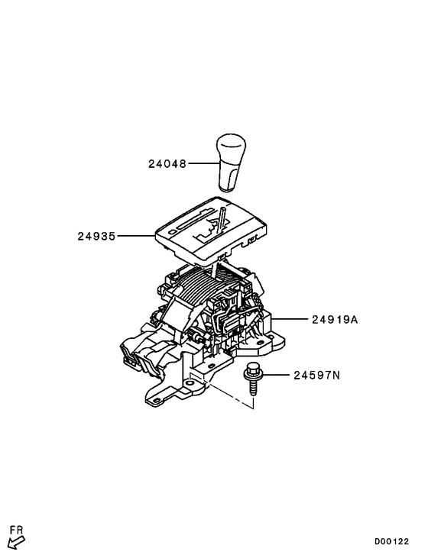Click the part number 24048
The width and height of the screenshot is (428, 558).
coord(167,163)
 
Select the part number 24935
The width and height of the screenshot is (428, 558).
coord(96,236)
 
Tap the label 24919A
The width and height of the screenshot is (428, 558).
coord(335,320)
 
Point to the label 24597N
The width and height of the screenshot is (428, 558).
coord(316,375)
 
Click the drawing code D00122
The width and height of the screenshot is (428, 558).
coord(391,542)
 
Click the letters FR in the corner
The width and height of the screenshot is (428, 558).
coord(16,530)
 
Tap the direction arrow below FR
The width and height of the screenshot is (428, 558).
coord(16,543)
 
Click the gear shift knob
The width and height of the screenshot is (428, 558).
coord(231,163)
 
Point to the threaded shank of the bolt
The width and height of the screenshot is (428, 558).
coord(253,389)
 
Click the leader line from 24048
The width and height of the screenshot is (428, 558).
coord(203,163)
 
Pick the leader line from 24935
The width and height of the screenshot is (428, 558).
coord(136,236)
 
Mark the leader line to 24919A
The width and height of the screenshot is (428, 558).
coord(290,319)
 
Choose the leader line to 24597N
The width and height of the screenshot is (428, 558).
coord(277,375)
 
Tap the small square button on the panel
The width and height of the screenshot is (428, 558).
coord(173,231)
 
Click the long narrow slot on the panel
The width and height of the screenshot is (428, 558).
coord(196,221)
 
